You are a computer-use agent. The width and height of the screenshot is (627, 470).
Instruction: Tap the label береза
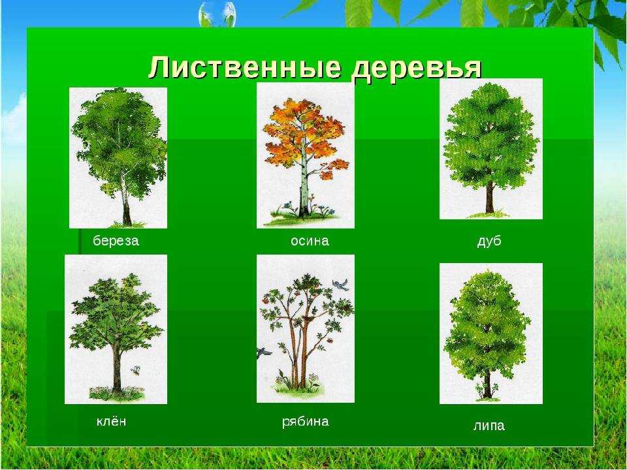pyautogui.click(x=116, y=241)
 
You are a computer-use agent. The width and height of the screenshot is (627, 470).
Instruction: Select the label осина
pyautogui.click(x=310, y=241)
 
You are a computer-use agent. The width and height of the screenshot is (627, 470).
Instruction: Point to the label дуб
pyautogui.click(x=489, y=241)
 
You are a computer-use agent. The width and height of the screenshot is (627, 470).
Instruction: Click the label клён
pyautogui.click(x=111, y=421)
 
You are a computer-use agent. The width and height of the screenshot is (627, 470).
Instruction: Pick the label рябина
pyautogui.click(x=306, y=422)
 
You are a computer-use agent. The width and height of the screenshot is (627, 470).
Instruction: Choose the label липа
pyautogui.click(x=489, y=426)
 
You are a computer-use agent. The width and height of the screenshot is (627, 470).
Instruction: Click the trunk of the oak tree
pyautogui.click(x=489, y=197)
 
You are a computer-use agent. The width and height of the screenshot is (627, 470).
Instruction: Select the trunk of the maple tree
pyautogui.click(x=116, y=367)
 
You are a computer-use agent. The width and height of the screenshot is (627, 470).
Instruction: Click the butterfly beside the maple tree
pyautogui.click(x=136, y=369)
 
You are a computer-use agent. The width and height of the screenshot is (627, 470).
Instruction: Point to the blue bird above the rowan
pyautogui.click(x=340, y=284)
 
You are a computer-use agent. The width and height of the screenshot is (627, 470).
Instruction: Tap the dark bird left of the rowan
pyautogui.click(x=263, y=352)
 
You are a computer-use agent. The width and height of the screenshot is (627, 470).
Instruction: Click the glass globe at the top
pyautogui.click(x=217, y=14)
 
